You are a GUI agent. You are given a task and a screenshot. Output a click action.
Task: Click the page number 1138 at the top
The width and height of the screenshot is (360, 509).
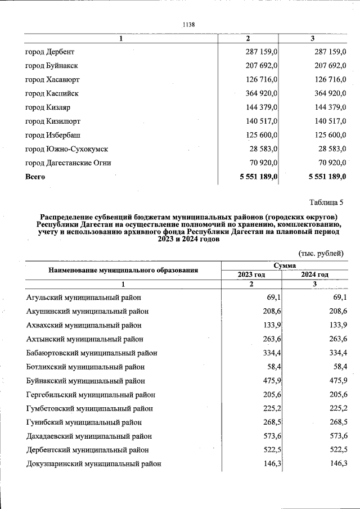coord(188,24)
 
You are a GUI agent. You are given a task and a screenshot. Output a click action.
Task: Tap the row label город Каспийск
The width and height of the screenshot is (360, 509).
coord(52,93)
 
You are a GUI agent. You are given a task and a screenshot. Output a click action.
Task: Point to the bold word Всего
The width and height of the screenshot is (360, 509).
coord(35,177)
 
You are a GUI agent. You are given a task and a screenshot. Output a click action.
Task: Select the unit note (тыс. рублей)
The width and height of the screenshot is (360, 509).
coord(321,254)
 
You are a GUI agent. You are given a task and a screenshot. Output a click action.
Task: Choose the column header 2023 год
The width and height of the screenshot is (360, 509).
coord(251,274)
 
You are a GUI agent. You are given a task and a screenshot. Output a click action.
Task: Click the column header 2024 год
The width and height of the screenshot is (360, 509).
coord(314,274)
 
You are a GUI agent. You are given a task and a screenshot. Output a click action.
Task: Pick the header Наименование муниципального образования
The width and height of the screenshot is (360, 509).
coord(123,270)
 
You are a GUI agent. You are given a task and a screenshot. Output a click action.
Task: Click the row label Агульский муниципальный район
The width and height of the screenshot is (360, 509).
coord(84,298)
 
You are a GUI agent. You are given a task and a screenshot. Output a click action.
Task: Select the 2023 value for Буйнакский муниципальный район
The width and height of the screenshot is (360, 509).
coord(264,381)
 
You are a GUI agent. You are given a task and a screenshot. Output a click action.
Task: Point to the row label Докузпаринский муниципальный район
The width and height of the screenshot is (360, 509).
coord(94,464)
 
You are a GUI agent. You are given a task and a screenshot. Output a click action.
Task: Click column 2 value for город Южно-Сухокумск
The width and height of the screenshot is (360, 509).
coord(264,149)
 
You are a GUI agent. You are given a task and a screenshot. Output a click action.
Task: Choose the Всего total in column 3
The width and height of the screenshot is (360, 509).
coord(327,177)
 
